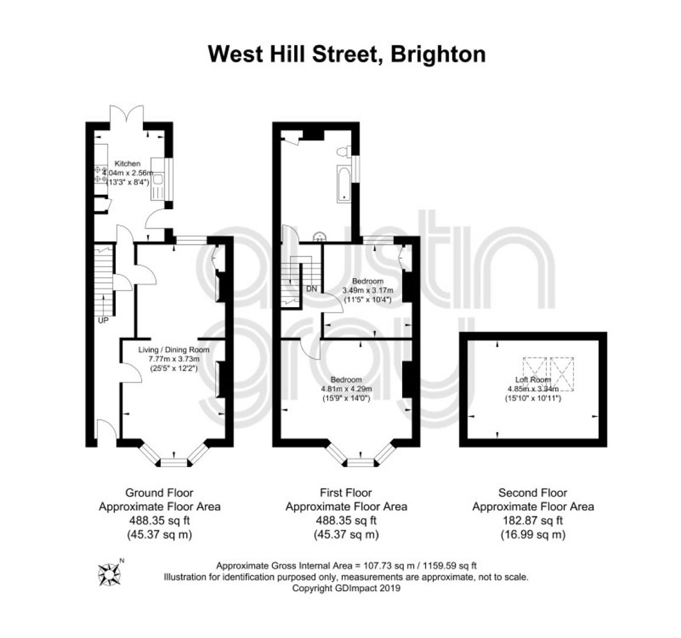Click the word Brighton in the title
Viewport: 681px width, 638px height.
(x=438, y=55)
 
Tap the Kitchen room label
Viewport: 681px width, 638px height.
(x=127, y=164)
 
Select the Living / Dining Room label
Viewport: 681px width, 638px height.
(x=174, y=350)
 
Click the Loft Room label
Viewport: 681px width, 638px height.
(x=533, y=380)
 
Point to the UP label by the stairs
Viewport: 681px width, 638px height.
(x=103, y=321)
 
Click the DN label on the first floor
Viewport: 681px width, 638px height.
(x=312, y=289)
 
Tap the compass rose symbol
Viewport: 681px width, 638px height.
(x=109, y=574)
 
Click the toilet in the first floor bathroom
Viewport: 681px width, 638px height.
(x=344, y=152)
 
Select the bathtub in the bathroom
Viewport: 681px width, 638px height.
(x=344, y=184)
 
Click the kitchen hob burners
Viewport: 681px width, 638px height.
(x=101, y=174)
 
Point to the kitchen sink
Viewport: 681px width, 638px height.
(x=157, y=179)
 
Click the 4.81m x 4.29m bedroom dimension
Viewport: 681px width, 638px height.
(x=346, y=389)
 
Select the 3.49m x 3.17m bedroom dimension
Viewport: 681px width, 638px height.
(x=368, y=290)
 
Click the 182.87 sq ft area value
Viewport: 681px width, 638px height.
(x=533, y=520)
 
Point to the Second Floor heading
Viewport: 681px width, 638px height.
(x=533, y=493)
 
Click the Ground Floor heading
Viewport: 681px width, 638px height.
(x=159, y=493)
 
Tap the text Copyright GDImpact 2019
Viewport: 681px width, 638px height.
(x=346, y=588)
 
